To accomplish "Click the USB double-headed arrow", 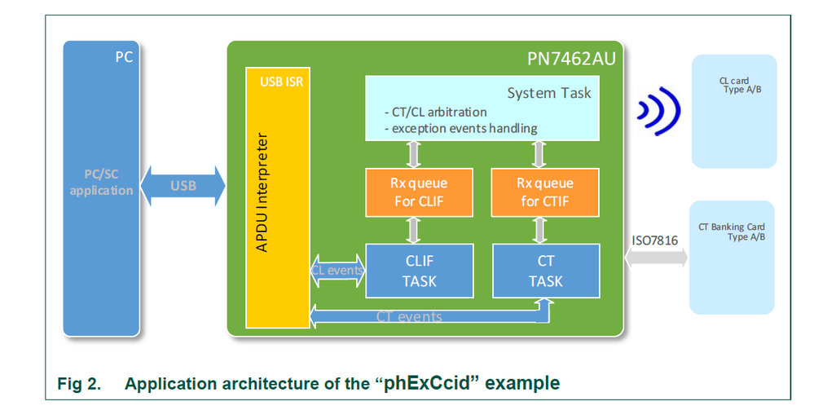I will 183,185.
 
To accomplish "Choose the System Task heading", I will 549,93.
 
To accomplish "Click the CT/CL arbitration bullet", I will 435,112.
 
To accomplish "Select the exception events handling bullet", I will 460,128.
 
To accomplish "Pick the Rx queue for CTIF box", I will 545,192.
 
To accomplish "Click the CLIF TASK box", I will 420,271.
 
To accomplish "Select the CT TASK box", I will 545,271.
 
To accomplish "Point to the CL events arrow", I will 337,269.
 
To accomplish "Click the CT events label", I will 409,316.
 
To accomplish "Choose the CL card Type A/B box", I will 733,110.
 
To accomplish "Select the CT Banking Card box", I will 733,257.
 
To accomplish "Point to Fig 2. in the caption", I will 78,384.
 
